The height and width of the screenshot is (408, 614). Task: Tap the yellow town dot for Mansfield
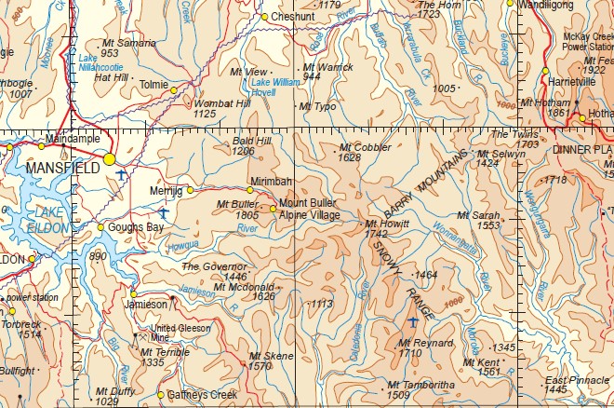(111, 159)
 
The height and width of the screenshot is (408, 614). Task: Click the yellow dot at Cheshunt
(264, 17)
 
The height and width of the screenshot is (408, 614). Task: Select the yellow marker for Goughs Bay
(101, 227)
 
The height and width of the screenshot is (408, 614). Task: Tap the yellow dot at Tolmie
(173, 89)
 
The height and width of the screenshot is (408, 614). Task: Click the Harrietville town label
(571, 82)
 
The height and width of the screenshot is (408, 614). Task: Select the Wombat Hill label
(221, 102)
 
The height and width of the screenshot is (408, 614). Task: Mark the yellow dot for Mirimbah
(249, 190)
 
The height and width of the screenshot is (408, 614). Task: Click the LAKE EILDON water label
(35, 220)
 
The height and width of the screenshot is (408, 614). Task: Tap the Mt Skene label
(270, 357)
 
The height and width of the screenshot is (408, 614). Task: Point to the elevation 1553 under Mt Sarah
(488, 225)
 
